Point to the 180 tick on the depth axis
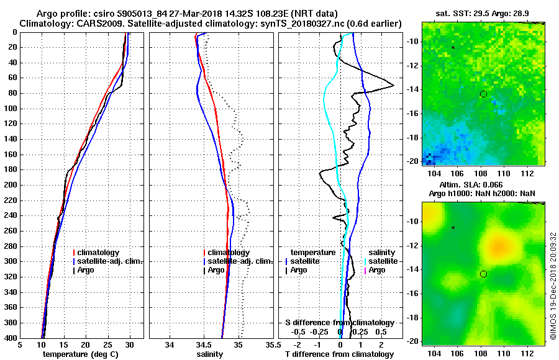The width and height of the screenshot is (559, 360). coord(10,169)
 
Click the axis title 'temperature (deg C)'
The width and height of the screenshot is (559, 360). coord(80,354)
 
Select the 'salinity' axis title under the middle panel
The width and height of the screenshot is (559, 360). coord(210,354)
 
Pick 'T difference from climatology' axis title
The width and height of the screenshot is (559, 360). coord(340,354)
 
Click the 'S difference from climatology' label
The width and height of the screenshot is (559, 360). coord(340,323)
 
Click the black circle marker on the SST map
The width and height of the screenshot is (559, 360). coord(483,94)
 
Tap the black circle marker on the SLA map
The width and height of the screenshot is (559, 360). coord(483,274)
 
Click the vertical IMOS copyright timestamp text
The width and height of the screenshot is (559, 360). coord(553,286)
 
